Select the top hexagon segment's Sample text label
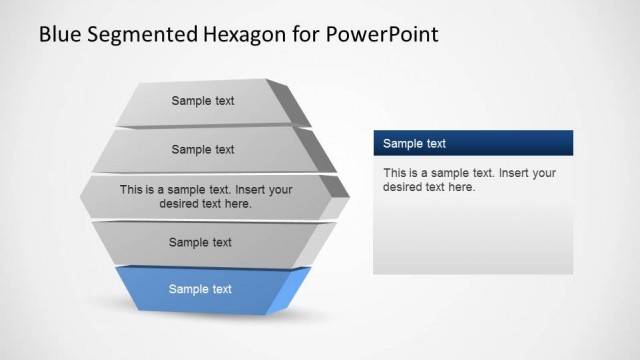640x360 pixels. point(203,101)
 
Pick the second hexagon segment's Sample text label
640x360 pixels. point(203,150)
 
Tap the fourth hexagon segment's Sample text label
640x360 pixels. point(200,242)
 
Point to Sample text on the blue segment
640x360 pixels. point(200,290)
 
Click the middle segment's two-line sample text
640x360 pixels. point(206,196)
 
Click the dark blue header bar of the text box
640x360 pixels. point(520,143)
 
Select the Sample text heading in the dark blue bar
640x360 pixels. point(415,144)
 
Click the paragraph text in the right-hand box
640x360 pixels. point(469,180)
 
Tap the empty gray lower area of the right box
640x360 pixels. point(472,240)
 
